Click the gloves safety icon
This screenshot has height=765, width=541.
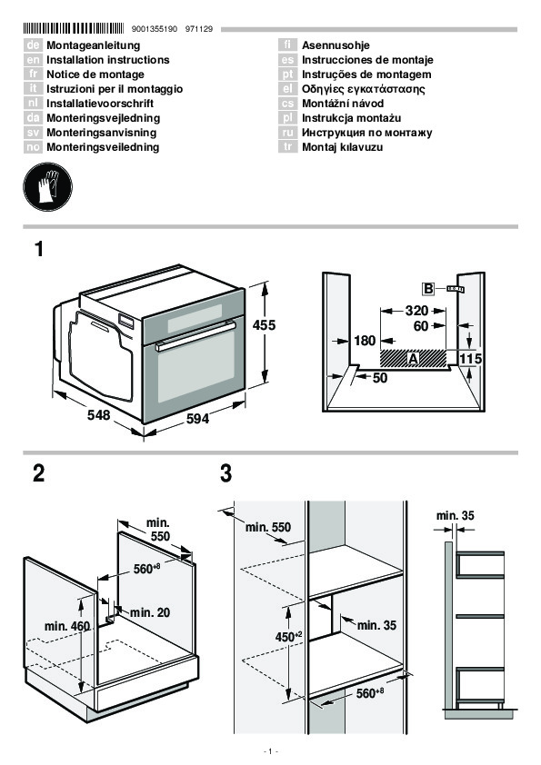[x=47, y=187]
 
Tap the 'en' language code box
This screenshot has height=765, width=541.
[x=33, y=60]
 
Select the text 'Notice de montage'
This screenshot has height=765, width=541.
[x=95, y=75]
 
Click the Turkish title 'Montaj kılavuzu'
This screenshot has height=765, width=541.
[x=342, y=147]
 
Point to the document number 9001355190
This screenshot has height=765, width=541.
[x=155, y=29]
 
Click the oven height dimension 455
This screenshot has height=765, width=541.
[x=264, y=325]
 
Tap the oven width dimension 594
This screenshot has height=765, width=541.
[x=197, y=418]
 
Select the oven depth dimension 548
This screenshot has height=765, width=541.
[x=98, y=415]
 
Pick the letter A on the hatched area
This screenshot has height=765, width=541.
[x=413, y=359]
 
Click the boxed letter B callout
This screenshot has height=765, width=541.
[x=428, y=289]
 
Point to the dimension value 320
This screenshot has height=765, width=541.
[x=416, y=311]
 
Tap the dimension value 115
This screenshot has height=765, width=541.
[x=471, y=359]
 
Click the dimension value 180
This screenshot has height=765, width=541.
[x=365, y=341]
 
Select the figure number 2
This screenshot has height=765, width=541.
[x=38, y=473]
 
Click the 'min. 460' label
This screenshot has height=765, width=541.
[x=67, y=626]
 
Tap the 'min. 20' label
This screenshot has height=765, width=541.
[x=150, y=612]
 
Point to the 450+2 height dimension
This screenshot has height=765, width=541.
[x=289, y=637]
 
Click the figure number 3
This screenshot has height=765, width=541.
[x=225, y=473]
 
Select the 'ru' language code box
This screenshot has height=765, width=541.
[x=288, y=133]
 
